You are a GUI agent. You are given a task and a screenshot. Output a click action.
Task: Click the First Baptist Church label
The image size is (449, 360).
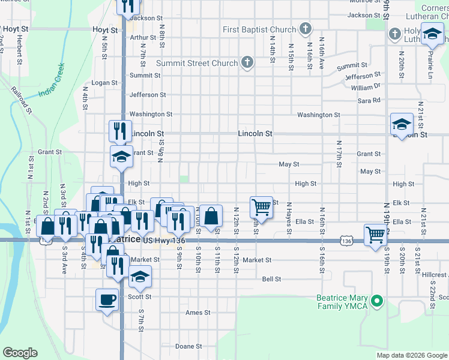(259, 29)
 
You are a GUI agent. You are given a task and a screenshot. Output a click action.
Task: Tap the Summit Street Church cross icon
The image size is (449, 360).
(247, 62)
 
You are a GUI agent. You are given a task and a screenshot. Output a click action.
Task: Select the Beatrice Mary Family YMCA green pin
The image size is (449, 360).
(376, 300)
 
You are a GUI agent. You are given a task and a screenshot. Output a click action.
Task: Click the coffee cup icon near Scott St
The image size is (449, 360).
(107, 299)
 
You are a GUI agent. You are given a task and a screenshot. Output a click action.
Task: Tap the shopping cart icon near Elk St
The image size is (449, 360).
(261, 206)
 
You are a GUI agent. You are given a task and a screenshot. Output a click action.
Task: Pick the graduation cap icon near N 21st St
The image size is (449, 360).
(402, 124)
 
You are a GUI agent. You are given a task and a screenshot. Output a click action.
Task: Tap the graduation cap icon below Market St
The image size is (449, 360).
(140, 277)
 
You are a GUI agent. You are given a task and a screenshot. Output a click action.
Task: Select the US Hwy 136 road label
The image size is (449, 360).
(163, 240)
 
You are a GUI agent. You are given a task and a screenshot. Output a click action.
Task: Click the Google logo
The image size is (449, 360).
(20, 353)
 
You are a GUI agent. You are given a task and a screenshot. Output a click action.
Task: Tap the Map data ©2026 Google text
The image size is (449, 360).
(411, 355)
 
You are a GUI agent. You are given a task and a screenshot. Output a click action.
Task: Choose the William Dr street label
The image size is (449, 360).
(366, 87)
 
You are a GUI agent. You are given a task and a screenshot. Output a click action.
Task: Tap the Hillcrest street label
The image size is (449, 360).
(434, 275)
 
